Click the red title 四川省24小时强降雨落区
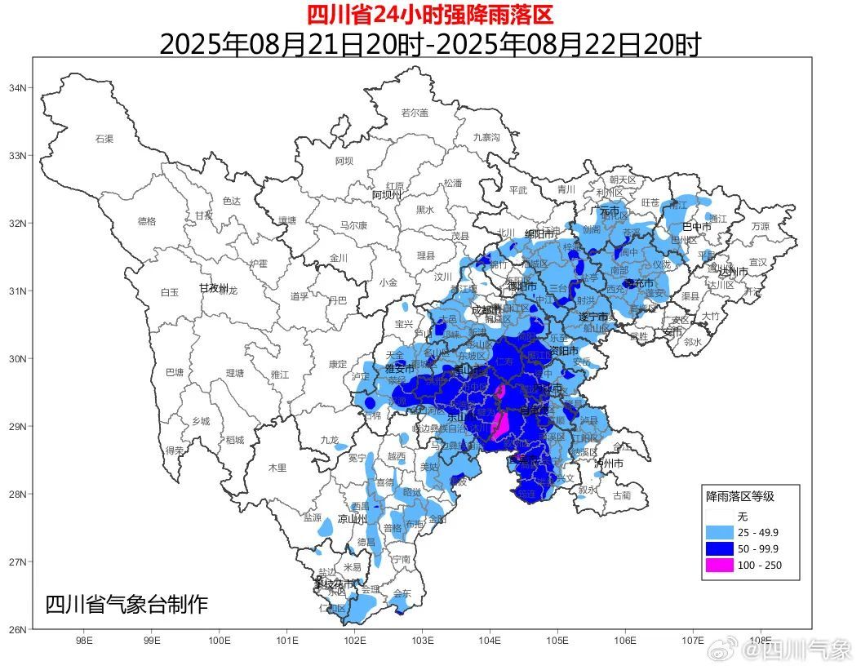pyautogui.click(x=430, y=15)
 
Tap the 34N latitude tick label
pyautogui.click(x=17, y=88)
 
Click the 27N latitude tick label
pyautogui.click(x=17, y=562)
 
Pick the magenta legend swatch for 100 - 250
pyautogui.click(x=717, y=565)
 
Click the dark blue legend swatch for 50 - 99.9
pyautogui.click(x=717, y=548)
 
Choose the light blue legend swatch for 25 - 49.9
pyautogui.click(x=717, y=532)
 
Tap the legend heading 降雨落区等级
pyautogui.click(x=740, y=496)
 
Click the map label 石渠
pyautogui.click(x=104, y=139)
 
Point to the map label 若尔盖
pyautogui.click(x=415, y=113)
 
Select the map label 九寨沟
pyautogui.click(x=486, y=137)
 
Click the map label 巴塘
pyautogui.click(x=175, y=372)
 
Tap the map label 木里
pyautogui.click(x=277, y=468)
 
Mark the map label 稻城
pyautogui.click(x=235, y=439)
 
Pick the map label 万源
pyautogui.click(x=760, y=226)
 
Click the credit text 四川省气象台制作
pyautogui.click(x=126, y=605)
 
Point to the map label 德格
pyautogui.click(x=147, y=220)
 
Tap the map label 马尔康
pyautogui.click(x=353, y=225)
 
